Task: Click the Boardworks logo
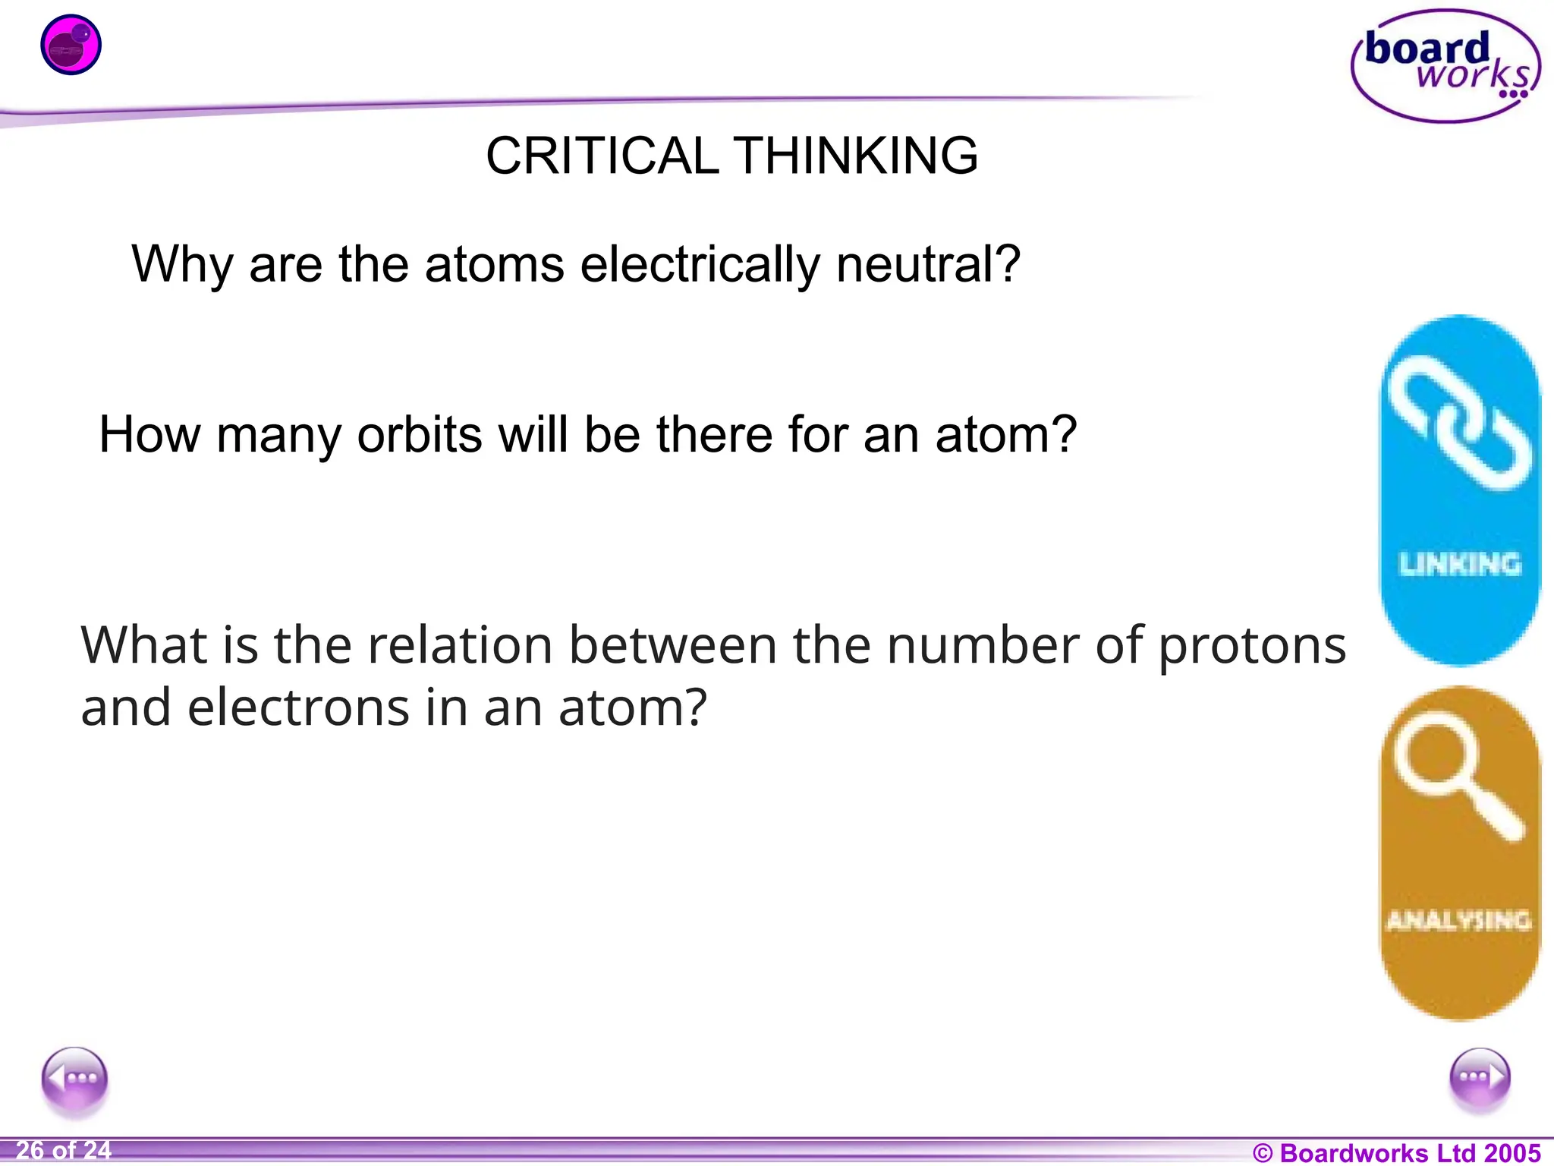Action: click(1445, 67)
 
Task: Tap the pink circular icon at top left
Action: click(71, 45)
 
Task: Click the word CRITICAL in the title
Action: click(602, 156)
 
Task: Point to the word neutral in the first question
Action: click(928, 264)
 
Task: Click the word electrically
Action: click(700, 266)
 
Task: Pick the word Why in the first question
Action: click(182, 266)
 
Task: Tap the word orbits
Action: click(419, 435)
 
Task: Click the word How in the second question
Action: click(149, 435)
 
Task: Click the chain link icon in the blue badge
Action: click(1459, 423)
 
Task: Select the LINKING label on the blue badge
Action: click(1460, 564)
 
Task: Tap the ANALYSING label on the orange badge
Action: click(1458, 921)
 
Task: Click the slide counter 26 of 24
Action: click(64, 1151)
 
